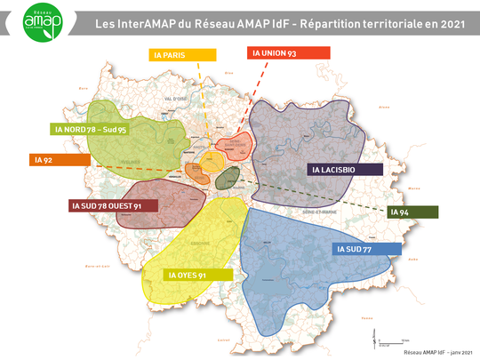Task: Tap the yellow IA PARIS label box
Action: click(182, 54)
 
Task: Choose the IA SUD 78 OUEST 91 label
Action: click(111, 206)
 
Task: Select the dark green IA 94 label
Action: click(412, 212)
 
